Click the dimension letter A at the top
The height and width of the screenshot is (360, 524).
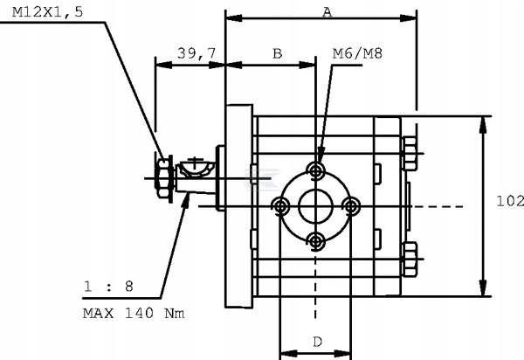(x=327, y=11)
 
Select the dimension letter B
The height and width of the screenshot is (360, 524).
(x=277, y=53)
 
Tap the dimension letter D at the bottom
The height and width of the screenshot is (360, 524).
(x=317, y=341)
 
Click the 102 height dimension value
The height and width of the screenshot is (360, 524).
(x=509, y=201)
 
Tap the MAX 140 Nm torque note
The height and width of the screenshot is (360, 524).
(x=134, y=313)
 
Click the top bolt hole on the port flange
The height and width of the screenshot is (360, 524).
(x=317, y=170)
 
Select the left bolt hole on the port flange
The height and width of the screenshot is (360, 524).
(x=280, y=206)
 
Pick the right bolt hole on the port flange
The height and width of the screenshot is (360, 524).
(x=352, y=206)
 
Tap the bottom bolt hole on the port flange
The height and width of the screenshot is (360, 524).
(x=317, y=241)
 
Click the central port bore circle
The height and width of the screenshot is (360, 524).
(x=316, y=206)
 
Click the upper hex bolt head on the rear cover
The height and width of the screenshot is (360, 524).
(x=410, y=155)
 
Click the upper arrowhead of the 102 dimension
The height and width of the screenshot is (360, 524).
(x=483, y=122)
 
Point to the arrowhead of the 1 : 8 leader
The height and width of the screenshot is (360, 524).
(x=190, y=198)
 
